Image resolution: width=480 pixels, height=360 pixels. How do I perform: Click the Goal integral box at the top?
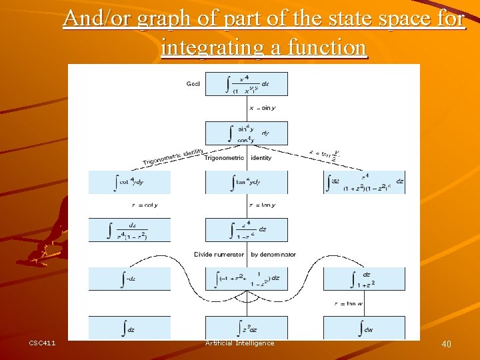coord(246,84)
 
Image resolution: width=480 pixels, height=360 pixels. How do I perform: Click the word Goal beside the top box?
coord(193,84)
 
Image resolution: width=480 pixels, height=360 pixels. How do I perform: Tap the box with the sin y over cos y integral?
coord(246,133)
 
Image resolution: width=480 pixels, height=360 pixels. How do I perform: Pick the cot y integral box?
coord(129,182)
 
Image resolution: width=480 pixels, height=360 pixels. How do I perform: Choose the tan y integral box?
coord(246,182)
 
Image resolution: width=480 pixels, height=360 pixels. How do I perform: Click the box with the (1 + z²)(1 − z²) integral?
coord(363,182)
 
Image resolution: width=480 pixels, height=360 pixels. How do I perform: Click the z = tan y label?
coord(261,205)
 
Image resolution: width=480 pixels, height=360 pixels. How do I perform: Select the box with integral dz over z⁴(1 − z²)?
coord(129,230)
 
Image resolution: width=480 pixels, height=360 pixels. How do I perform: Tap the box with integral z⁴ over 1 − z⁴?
coord(246,230)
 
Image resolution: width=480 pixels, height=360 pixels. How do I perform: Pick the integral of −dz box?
coord(129,279)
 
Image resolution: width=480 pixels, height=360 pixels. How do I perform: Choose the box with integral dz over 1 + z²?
coord(363,279)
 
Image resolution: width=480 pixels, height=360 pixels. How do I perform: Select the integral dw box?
coord(363,327)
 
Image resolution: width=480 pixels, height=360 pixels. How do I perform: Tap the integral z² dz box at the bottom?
coord(246,327)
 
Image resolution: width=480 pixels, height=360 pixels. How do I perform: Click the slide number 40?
coord(446,344)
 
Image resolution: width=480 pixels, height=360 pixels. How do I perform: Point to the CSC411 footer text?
coord(42,343)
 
